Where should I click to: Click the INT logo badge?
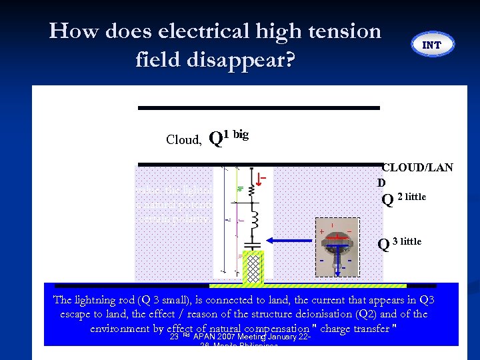tap(432, 45)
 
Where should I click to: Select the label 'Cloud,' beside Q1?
tap(183, 139)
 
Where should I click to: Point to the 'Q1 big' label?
tap(229, 137)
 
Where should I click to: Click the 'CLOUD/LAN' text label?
tap(417, 167)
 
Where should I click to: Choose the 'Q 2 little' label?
tap(404, 198)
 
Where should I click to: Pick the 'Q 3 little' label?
tap(400, 243)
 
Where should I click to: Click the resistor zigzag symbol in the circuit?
tap(252, 191)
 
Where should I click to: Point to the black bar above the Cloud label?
tap(259, 107)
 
